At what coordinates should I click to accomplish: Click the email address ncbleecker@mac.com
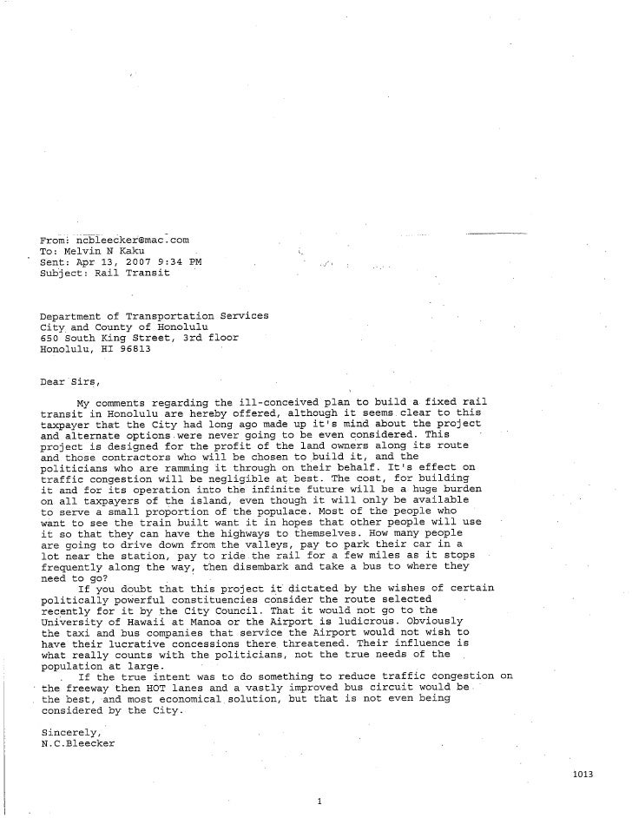[132, 238]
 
